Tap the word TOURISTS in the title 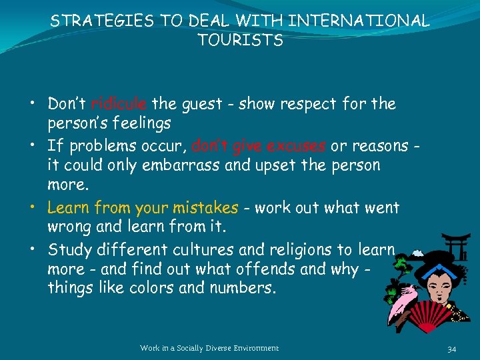(x=240, y=41)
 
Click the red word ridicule (x=119, y=104)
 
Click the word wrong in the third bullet (x=70, y=227)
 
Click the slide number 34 (x=451, y=348)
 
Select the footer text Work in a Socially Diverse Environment (x=209, y=348)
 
